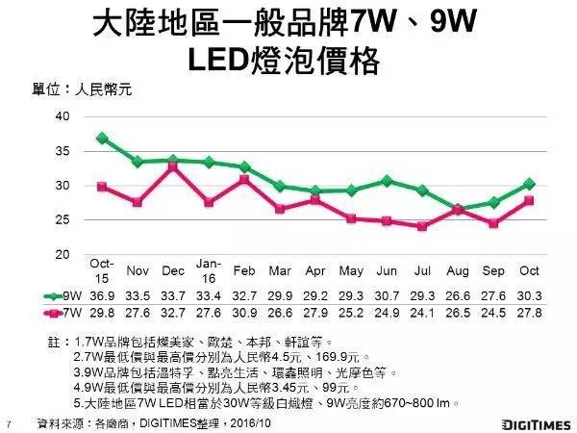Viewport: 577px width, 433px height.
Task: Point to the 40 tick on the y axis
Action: click(x=63, y=116)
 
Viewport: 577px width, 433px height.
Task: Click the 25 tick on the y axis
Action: click(x=63, y=220)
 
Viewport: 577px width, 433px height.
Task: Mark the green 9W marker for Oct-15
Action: click(x=101, y=138)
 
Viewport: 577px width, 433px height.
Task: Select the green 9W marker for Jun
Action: click(x=387, y=180)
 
